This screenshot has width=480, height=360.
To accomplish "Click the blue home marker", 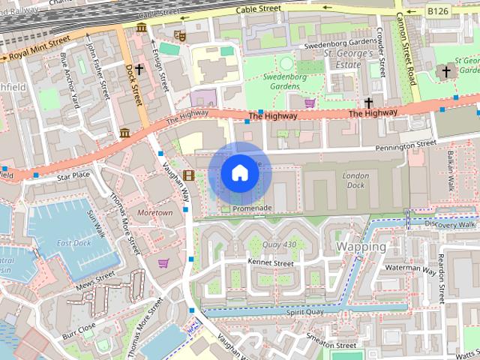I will pyautogui.click(x=239, y=173).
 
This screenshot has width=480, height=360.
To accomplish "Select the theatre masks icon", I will pyautogui.click(x=179, y=35).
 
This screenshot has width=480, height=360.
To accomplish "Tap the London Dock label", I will pyautogui.click(x=355, y=180).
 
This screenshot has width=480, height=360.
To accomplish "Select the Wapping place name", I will pyautogui.click(x=361, y=246).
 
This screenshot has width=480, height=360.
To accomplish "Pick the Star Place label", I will pyautogui.click(x=73, y=175).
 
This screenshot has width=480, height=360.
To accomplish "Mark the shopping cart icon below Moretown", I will pyautogui.click(x=163, y=262).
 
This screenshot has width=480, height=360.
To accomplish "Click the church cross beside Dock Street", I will pyautogui.click(x=139, y=69).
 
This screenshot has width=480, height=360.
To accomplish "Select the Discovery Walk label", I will pyautogui.click(x=450, y=223).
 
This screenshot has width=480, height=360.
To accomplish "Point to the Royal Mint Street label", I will pyautogui.click(x=34, y=55).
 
